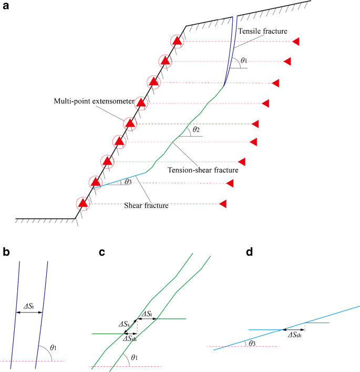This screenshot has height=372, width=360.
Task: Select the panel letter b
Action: click(6, 252)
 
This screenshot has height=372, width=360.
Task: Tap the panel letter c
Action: click(103, 252)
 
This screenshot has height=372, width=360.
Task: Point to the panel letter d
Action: click(250, 252)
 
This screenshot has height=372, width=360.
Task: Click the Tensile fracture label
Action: click(262, 32)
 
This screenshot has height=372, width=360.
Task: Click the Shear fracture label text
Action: click(146, 205)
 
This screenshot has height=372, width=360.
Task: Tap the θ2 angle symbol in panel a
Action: click(196, 129)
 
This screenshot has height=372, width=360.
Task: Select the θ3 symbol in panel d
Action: click(253, 343)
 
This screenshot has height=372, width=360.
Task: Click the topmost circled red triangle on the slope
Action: click(178, 41)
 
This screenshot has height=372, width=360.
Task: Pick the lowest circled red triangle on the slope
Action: click(83, 203)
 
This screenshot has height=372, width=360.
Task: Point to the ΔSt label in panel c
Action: click(148, 314)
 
